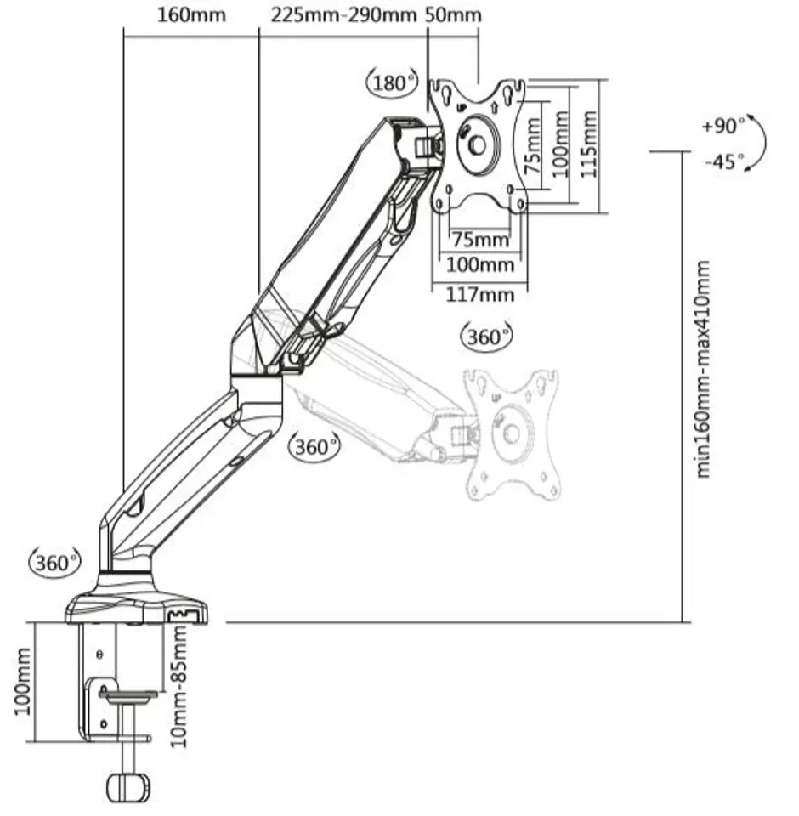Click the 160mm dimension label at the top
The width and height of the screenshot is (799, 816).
tap(191, 14)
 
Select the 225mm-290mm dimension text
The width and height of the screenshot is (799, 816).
tap(343, 14)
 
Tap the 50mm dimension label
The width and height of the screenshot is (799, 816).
tap(453, 14)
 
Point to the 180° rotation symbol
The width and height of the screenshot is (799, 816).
tap(392, 82)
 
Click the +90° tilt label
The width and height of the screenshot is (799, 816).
tap(723, 126)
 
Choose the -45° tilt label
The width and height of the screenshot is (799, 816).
tap(724, 161)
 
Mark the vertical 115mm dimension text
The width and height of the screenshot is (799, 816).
tap(588, 144)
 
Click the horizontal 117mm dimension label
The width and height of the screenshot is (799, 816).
tap(480, 295)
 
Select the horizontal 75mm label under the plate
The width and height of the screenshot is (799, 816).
tap(480, 240)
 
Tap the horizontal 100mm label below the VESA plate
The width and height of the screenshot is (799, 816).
tap(480, 265)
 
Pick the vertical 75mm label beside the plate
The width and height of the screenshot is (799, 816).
tap(532, 146)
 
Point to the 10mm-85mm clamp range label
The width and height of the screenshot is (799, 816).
tap(178, 686)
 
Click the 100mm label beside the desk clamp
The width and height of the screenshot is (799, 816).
tap(22, 681)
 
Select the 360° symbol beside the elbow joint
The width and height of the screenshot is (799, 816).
tap(314, 446)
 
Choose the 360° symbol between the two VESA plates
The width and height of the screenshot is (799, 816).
tap(486, 337)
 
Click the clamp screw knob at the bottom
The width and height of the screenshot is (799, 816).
tap(128, 789)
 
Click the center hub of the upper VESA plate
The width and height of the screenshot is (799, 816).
tap(478, 145)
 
